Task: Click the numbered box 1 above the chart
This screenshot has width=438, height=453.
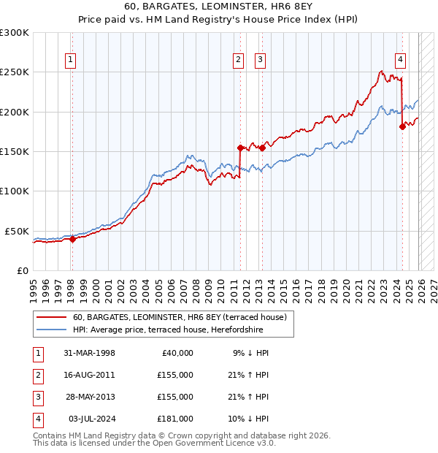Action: [x=72, y=61]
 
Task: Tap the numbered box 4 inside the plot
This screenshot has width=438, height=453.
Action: [x=401, y=61]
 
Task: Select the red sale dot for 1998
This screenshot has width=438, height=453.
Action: [x=72, y=238]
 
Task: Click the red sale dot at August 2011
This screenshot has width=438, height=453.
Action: [x=239, y=148]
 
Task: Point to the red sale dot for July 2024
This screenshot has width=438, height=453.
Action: [x=402, y=127]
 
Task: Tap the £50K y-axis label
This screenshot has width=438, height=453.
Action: [x=18, y=231]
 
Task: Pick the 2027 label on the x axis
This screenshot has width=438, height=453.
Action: [x=433, y=286]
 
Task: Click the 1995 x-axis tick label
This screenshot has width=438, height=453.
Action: [x=34, y=286]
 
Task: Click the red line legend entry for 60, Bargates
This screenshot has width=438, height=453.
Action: [x=182, y=317]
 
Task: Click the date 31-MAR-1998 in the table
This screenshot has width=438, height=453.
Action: [x=90, y=353]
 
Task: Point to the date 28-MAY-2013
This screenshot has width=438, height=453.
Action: [x=90, y=397]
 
